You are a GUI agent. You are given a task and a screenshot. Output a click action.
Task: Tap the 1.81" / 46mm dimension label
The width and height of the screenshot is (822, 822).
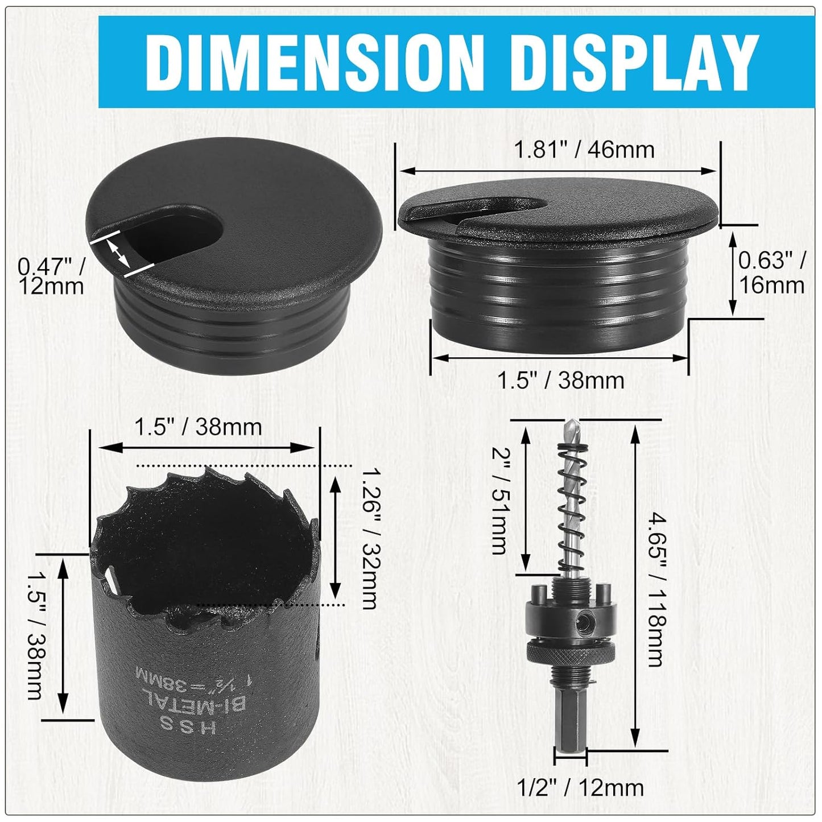pos(584,150)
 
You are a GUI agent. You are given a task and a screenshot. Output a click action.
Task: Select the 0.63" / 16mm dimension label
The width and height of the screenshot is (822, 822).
pos(771,272)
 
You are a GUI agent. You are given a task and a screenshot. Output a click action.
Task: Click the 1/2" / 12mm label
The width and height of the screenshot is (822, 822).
pos(580,787)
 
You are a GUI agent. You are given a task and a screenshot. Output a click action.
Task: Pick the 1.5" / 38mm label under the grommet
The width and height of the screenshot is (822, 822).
pos(561,380)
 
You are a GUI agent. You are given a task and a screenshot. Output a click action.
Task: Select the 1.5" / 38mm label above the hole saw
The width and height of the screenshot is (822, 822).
pos(198,427)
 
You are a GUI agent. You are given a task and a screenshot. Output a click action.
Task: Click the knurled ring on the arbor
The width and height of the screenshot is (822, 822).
pos(570,654)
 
